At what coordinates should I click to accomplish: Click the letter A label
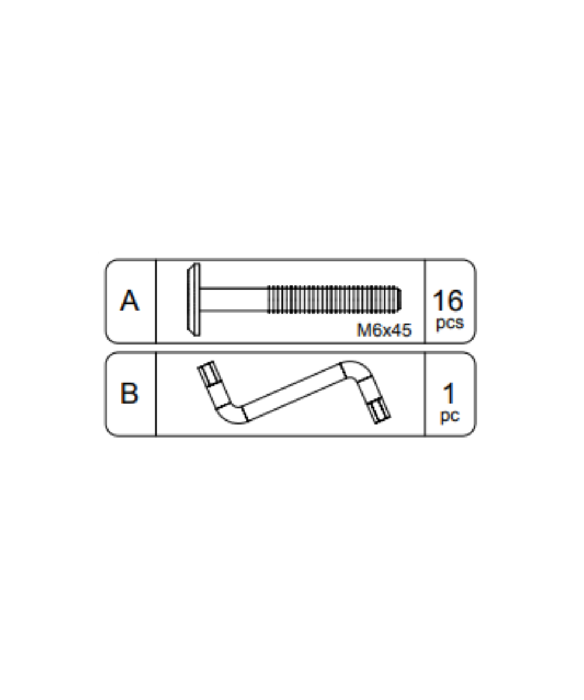click(x=130, y=302)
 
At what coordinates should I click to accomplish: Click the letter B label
click(x=130, y=394)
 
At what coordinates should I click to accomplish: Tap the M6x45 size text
click(x=384, y=331)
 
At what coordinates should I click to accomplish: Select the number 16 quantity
click(x=448, y=301)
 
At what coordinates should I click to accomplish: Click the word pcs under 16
click(x=449, y=323)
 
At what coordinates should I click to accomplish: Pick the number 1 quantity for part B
click(x=449, y=394)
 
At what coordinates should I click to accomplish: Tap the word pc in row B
click(x=449, y=416)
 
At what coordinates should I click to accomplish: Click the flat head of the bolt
click(x=194, y=300)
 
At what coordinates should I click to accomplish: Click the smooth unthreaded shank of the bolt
click(x=234, y=300)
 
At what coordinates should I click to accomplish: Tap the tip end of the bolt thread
click(x=398, y=299)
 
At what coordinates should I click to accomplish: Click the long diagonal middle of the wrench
click(x=292, y=392)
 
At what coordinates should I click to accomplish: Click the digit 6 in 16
click(x=456, y=301)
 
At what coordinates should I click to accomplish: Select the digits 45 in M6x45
click(x=401, y=331)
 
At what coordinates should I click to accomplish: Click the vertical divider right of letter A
click(x=156, y=301)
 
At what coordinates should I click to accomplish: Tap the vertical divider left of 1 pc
click(x=425, y=394)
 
